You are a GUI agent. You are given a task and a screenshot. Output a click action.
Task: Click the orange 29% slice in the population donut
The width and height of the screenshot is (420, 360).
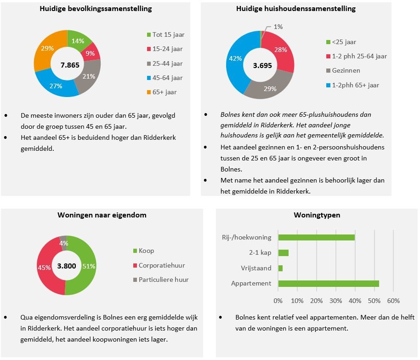(x=46, y=48)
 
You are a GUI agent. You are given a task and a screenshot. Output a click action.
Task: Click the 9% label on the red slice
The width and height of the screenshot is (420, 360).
(x=90, y=53)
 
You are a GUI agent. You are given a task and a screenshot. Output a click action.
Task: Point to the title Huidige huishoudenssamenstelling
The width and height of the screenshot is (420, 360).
(x=295, y=9)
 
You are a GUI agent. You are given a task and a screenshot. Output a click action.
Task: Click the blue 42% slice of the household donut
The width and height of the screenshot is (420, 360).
(x=236, y=59)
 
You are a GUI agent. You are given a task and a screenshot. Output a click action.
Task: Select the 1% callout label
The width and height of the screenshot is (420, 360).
(x=278, y=27)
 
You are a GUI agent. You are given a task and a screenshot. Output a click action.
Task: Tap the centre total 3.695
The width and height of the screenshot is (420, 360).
(x=262, y=65)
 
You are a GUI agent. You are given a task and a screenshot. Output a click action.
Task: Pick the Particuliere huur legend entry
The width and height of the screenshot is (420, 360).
(x=164, y=280)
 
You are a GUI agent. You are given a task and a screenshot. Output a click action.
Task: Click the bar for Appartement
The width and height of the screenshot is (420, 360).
(x=328, y=283)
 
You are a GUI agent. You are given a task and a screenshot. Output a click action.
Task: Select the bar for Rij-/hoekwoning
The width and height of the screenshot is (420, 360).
(x=316, y=237)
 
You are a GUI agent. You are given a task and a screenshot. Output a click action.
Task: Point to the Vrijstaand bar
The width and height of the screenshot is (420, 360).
(x=280, y=268)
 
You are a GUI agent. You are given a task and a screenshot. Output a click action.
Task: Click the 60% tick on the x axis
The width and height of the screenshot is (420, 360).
(x=393, y=301)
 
